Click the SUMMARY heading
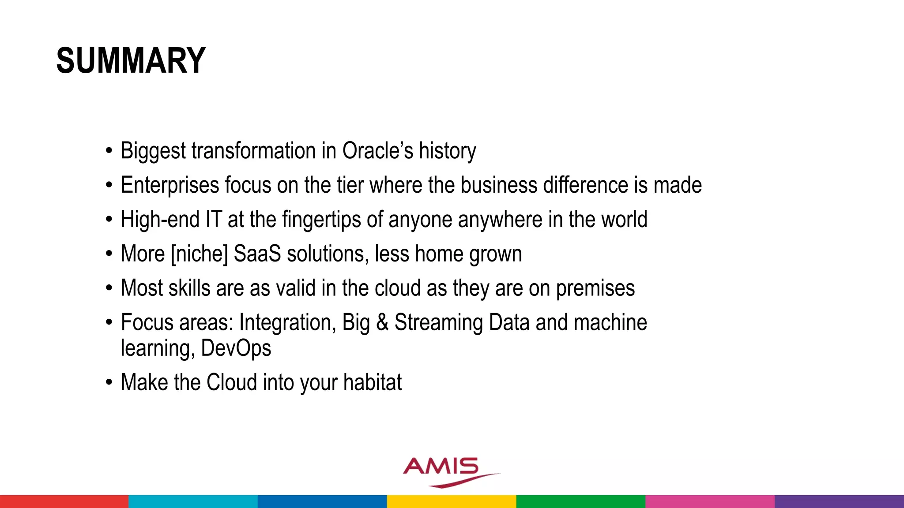131,61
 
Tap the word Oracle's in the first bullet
378,151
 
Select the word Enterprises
169,185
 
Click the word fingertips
321,220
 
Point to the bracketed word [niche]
199,254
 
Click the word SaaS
257,254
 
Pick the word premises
595,288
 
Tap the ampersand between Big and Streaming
382,322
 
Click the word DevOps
236,348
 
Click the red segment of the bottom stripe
64,501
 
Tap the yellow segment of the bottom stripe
451,501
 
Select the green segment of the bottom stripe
580,501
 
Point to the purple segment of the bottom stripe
839,501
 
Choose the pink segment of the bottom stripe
710,501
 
